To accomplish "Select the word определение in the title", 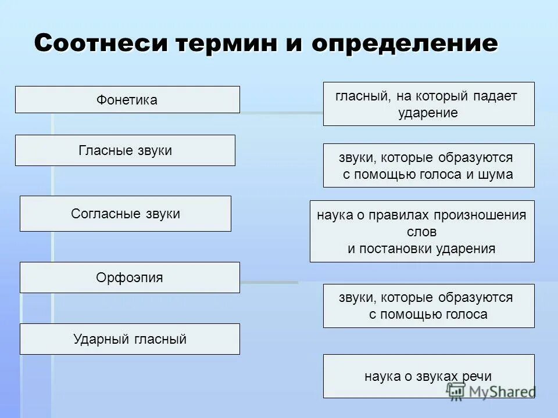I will pyautogui.click(x=405, y=44).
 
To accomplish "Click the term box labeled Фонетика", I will pyautogui.click(x=127, y=100).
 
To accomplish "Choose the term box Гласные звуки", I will pyautogui.click(x=125, y=150).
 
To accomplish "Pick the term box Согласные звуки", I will pyautogui.click(x=125, y=214).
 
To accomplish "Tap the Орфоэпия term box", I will pyautogui.click(x=130, y=278).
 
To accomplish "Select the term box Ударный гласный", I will pyautogui.click(x=130, y=339).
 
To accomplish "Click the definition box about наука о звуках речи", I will pyautogui.click(x=428, y=376).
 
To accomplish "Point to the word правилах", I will pyautogui.click(x=396, y=215).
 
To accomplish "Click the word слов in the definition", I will pyautogui.click(x=422, y=232).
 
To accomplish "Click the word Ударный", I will pyautogui.click(x=96, y=339).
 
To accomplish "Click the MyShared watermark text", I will pyautogui.click(x=500, y=391).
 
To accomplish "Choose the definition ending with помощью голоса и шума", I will pyautogui.click(x=428, y=165).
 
